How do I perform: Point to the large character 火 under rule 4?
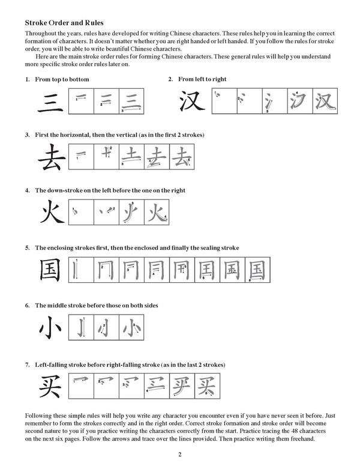[x=52, y=213]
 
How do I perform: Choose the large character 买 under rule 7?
[x=50, y=386]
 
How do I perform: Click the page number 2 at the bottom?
[x=179, y=454]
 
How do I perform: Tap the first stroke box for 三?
[x=81, y=101]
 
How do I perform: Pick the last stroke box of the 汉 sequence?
[x=325, y=100]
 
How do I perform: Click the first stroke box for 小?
[x=82, y=328]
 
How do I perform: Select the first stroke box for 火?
[x=82, y=212]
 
